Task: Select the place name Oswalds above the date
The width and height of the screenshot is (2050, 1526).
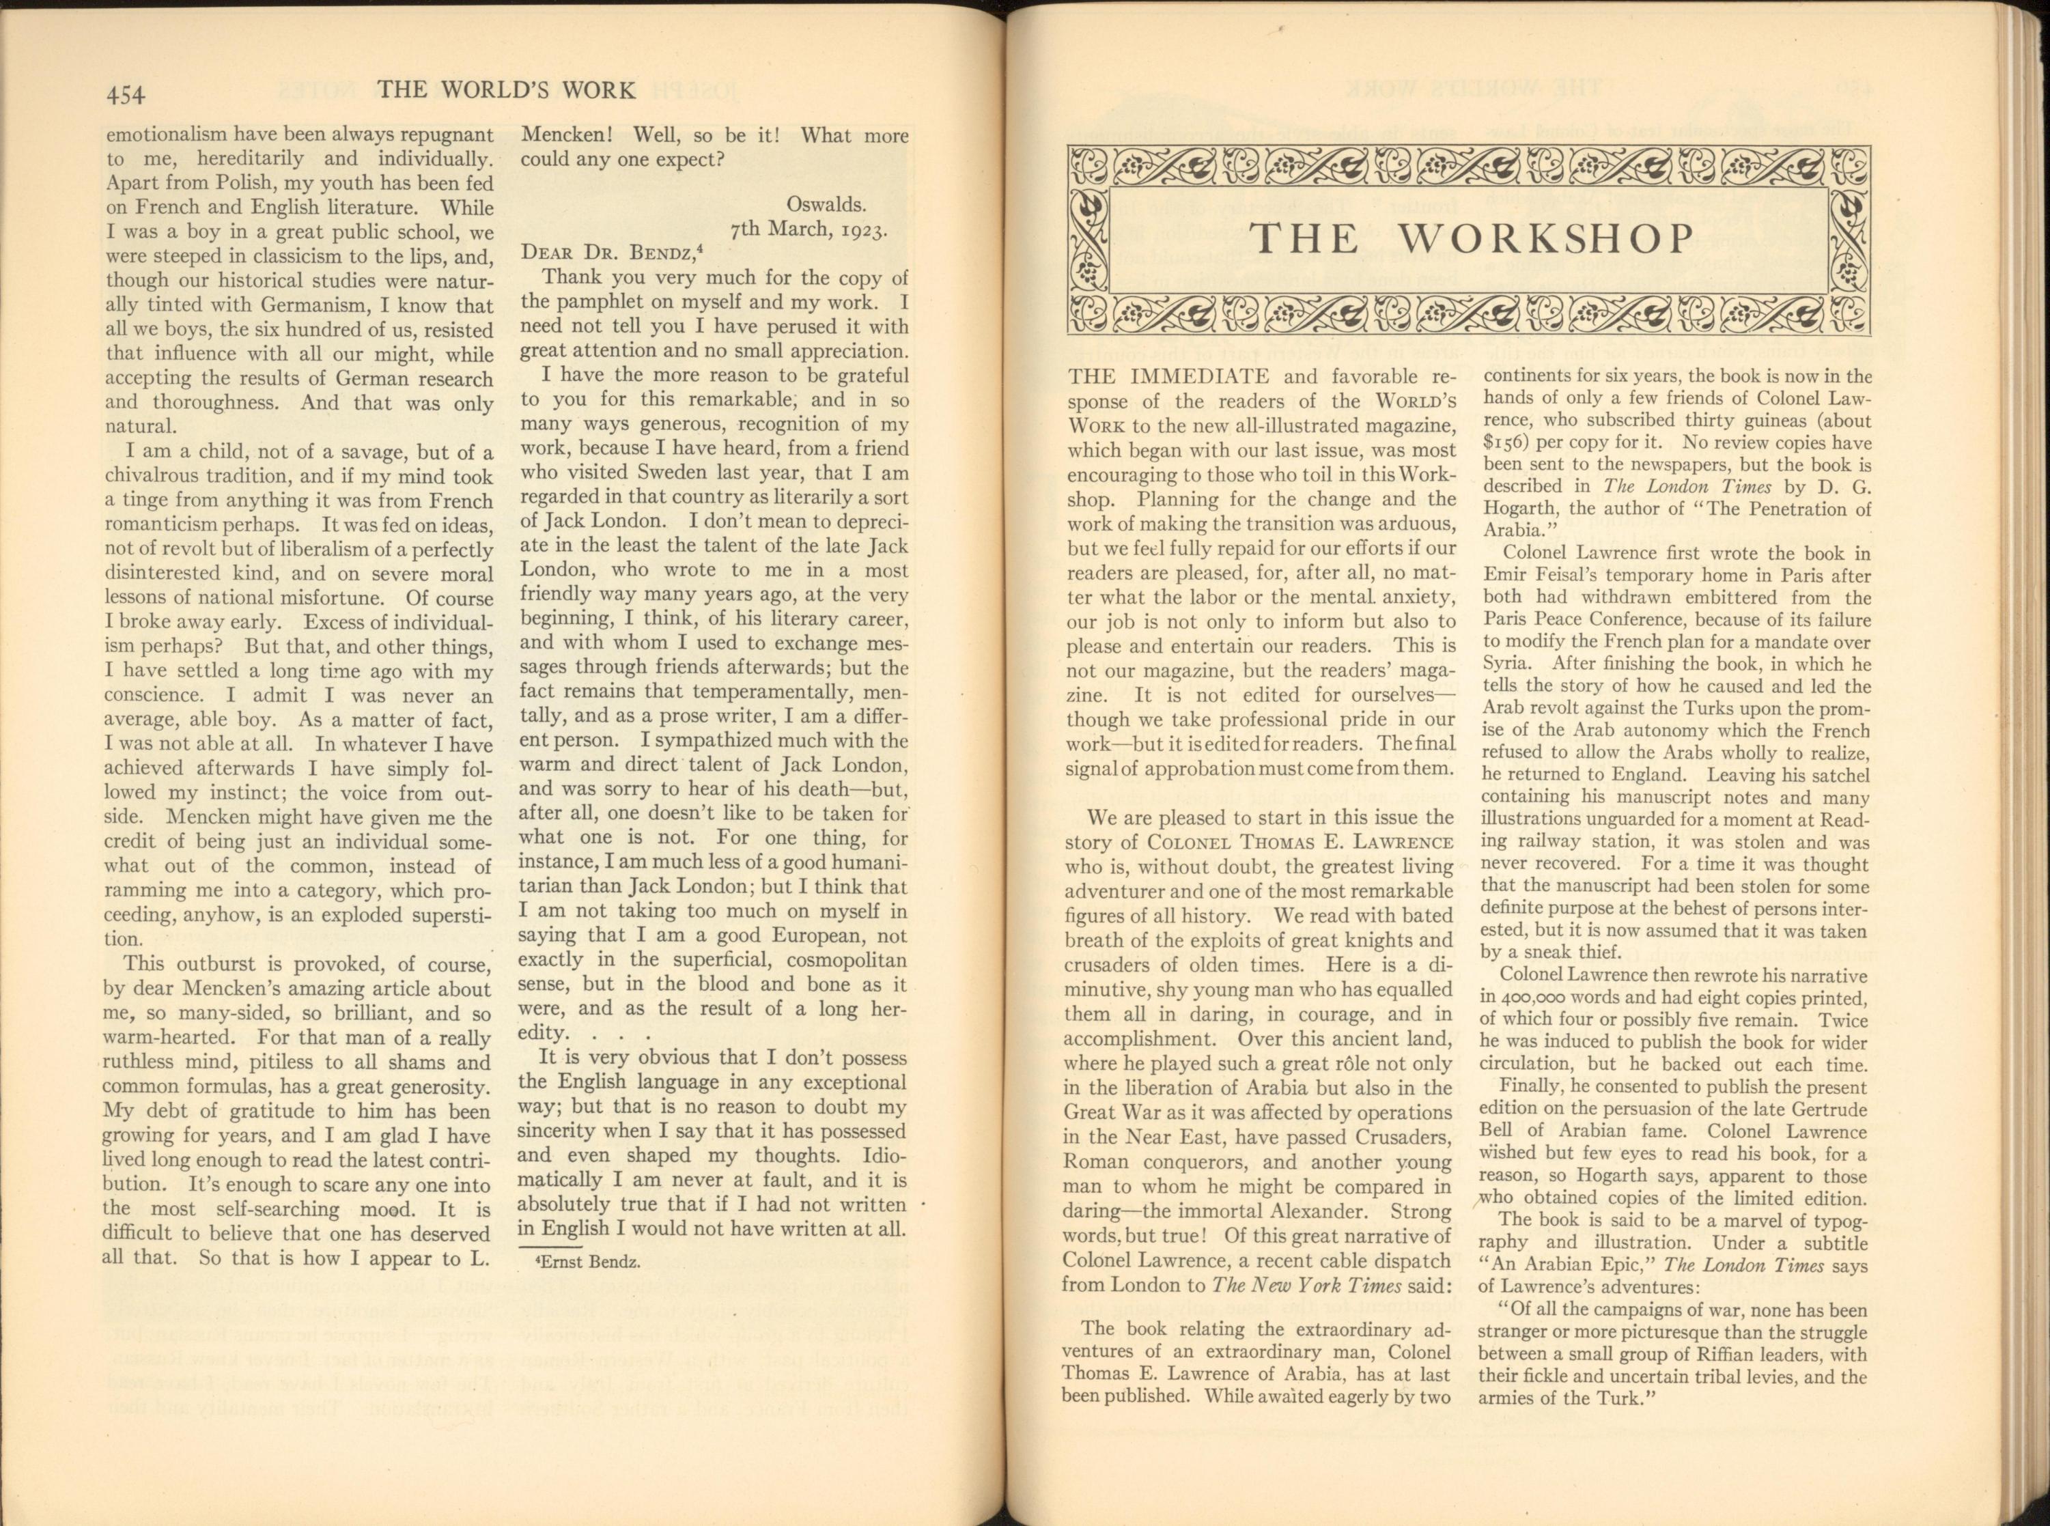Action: [826, 204]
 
